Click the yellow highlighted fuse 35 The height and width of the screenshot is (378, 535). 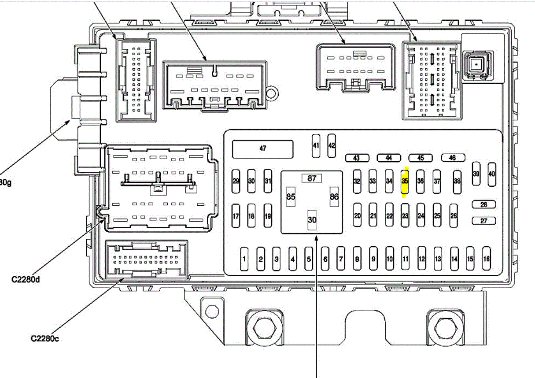[405, 181]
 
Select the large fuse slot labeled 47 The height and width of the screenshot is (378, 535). [263, 149]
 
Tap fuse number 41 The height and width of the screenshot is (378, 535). [316, 146]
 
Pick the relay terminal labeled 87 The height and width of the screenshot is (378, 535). [312, 178]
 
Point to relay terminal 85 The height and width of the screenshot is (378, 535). [291, 196]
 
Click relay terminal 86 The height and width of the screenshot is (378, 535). [334, 196]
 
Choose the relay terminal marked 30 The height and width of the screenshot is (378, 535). [312, 219]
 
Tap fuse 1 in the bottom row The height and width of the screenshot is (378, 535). [244, 259]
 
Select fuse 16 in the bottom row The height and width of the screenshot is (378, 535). [486, 259]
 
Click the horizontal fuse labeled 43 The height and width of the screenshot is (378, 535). [356, 158]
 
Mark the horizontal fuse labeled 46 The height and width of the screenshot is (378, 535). [452, 158]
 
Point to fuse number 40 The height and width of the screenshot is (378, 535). [492, 174]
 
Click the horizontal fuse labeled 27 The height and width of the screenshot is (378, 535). [483, 221]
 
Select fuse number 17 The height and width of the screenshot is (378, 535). [236, 216]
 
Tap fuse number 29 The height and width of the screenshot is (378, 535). [236, 181]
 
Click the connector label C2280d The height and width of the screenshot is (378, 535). [26, 279]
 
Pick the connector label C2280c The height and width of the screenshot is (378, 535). [45, 339]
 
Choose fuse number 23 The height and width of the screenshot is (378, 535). [405, 216]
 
